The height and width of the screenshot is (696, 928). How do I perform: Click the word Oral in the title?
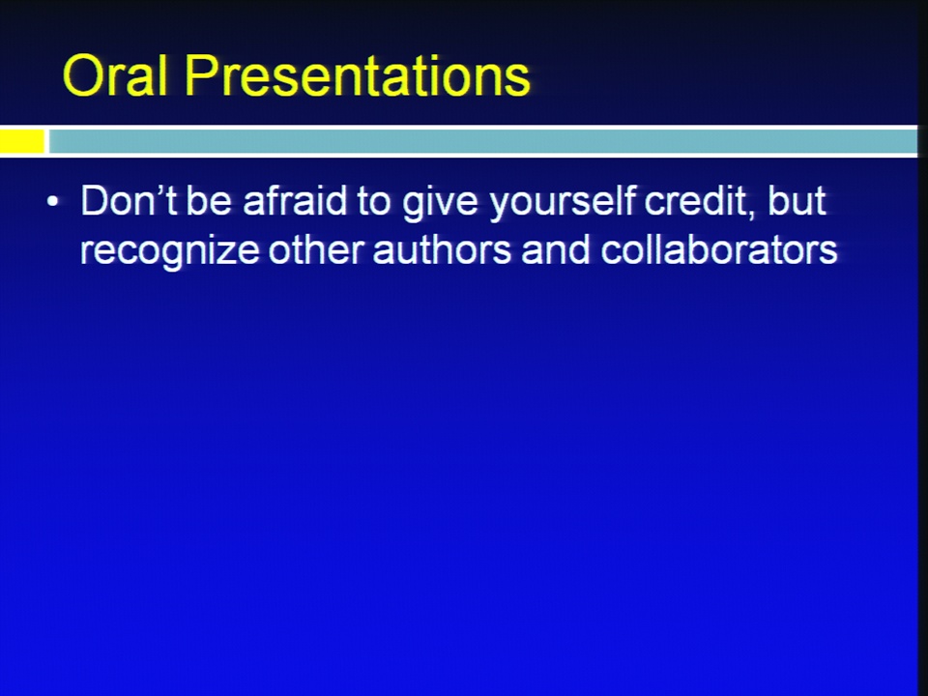[114, 75]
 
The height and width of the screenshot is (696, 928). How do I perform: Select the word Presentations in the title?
[358, 75]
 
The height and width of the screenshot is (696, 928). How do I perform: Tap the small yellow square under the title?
[22, 141]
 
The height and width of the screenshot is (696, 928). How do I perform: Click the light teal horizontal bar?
[483, 141]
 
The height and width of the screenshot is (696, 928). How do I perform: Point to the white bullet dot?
[52, 201]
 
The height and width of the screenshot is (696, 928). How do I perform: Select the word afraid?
[295, 200]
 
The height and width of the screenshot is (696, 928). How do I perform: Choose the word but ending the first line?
[797, 200]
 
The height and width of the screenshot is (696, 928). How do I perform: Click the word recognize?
[169, 252]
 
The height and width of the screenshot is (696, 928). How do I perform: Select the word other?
[315, 248]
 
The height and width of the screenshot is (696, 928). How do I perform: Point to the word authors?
[442, 248]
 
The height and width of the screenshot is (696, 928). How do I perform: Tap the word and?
[556, 248]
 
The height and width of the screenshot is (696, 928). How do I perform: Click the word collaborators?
[719, 248]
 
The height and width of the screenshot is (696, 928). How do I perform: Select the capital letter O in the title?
[83, 75]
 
